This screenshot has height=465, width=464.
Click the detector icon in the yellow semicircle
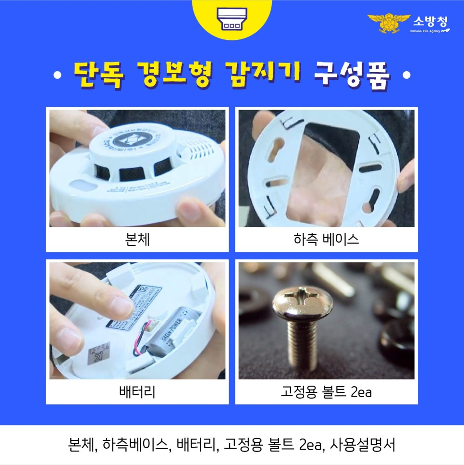[x=232, y=18]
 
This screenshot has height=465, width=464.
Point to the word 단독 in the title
[x=99, y=75]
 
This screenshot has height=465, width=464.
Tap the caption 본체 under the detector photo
[x=137, y=239]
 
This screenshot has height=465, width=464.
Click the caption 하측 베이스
[x=326, y=239]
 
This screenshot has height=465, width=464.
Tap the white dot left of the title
[x=58, y=76]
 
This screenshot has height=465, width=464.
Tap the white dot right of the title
[x=407, y=76]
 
